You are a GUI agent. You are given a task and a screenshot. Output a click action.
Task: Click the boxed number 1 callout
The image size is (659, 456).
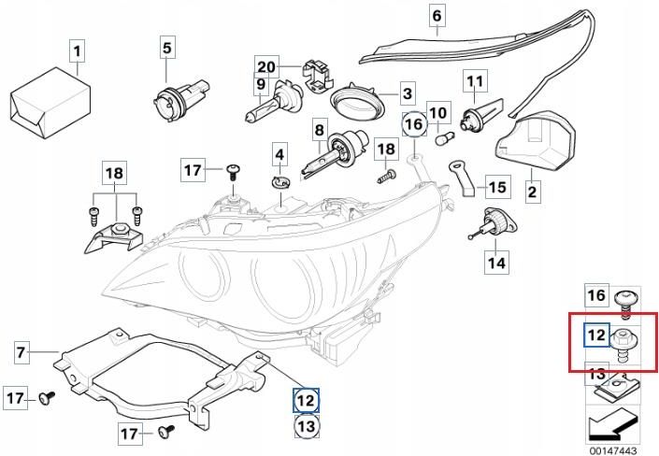(78, 50)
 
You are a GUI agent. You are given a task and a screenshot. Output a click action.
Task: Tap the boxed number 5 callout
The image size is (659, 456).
(166, 46)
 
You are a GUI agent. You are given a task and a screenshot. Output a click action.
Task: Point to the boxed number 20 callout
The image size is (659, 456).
(266, 66)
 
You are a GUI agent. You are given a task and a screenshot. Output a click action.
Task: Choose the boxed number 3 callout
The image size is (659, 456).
(407, 93)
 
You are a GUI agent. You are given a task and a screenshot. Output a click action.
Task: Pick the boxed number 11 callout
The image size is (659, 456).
(473, 81)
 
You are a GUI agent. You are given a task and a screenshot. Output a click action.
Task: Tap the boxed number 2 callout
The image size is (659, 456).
(532, 192)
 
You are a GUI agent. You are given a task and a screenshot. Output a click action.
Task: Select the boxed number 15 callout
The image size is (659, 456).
(496, 187)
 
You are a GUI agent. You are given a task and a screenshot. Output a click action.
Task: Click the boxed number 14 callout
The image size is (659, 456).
(495, 263)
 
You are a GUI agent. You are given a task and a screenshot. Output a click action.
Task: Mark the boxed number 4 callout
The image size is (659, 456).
(279, 153)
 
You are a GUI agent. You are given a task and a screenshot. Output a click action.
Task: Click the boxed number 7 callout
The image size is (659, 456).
(21, 352)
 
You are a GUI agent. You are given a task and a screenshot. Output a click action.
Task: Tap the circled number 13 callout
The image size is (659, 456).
(307, 427)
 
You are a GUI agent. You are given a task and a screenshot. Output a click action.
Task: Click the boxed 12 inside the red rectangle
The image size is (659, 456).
(596, 335)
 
